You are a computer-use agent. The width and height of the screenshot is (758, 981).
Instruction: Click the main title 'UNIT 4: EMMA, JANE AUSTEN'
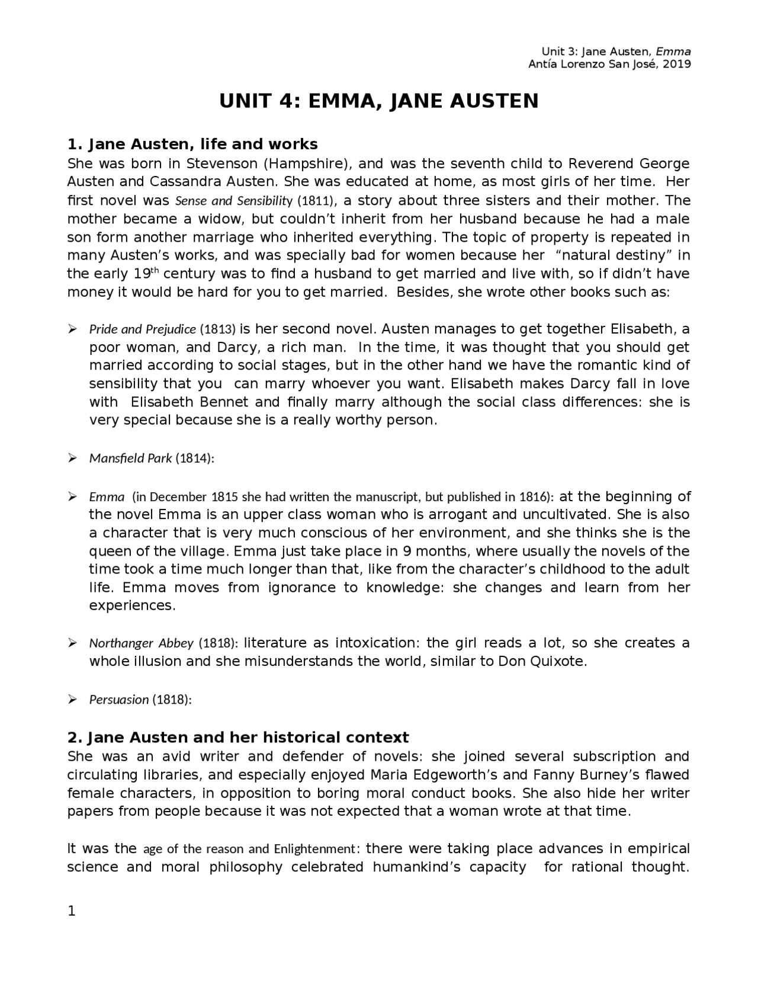click(379, 101)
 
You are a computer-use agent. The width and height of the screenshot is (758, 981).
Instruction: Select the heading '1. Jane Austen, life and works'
click(192, 145)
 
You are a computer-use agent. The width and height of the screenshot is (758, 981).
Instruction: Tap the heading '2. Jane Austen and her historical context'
click(238, 738)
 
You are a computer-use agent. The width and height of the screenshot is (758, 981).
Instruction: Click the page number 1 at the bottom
click(72, 912)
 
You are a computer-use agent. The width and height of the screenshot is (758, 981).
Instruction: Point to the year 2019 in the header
click(677, 65)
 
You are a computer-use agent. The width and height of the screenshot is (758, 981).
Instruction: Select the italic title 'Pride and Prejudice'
click(142, 329)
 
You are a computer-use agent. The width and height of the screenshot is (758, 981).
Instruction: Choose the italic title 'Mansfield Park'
click(130, 458)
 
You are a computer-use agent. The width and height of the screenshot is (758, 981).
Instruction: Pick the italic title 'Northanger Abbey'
click(141, 643)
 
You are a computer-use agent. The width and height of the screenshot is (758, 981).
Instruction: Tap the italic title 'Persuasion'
click(118, 700)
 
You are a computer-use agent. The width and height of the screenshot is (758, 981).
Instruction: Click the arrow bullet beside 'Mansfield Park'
click(72, 458)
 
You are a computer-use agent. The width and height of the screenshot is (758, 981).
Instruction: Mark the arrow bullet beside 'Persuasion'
click(72, 700)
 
